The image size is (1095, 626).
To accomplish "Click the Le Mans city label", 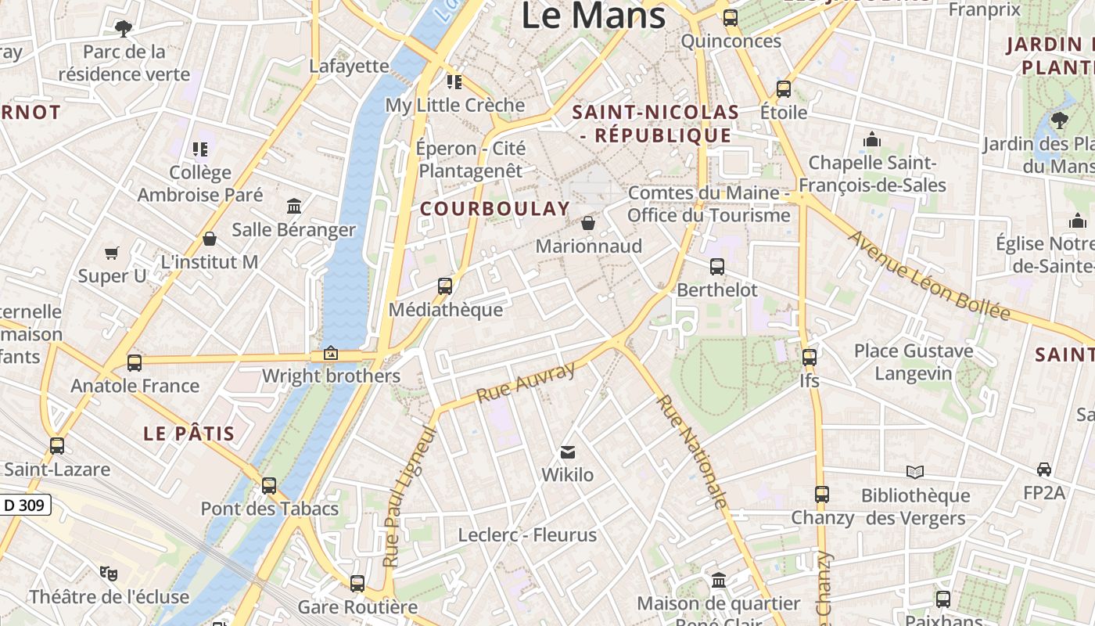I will click(x=593, y=16).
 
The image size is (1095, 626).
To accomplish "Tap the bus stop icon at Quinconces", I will click(x=731, y=18).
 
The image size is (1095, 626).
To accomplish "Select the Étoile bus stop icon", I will click(x=784, y=89).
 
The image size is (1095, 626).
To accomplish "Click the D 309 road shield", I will click(x=24, y=505).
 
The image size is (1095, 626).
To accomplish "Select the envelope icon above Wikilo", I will click(x=568, y=452).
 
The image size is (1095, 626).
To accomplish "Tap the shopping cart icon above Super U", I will click(x=112, y=254).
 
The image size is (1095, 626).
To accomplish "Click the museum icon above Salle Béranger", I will click(x=294, y=207).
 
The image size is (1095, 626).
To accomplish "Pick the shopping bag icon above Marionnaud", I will click(x=588, y=223).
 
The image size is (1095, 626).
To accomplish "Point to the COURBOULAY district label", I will click(x=495, y=209).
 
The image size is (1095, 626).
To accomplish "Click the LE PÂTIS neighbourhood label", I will click(x=189, y=434).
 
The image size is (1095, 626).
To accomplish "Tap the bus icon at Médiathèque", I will click(x=445, y=286).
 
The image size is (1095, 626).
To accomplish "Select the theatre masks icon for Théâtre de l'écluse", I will click(x=109, y=574).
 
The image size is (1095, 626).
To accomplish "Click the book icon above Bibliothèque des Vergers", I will click(x=915, y=472).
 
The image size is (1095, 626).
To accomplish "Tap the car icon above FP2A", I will click(x=1044, y=469).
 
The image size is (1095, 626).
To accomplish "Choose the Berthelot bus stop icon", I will click(x=717, y=267).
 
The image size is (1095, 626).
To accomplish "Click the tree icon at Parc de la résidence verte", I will click(x=123, y=29).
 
